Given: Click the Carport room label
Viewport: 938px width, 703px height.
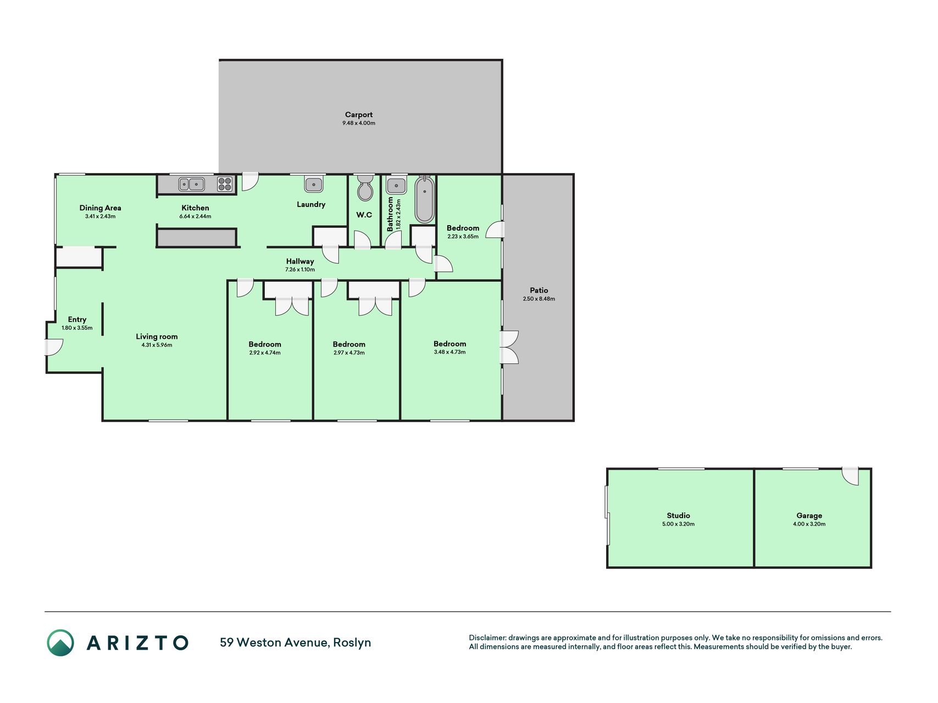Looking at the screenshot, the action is coord(359,115).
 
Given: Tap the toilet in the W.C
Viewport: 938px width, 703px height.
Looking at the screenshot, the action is coord(365,188).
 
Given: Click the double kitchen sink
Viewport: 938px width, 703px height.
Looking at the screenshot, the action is coord(192,184).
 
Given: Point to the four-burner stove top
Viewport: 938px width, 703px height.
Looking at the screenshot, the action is coord(225,184).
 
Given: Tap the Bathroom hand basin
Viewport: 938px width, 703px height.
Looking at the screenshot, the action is coord(396,185).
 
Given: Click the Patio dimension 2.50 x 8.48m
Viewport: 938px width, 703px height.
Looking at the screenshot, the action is coord(539,299).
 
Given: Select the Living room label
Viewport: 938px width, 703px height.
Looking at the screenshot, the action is coord(157,337).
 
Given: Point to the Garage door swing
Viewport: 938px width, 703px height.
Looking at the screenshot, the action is coord(850,477).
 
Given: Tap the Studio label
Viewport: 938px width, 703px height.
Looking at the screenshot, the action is coord(679,516).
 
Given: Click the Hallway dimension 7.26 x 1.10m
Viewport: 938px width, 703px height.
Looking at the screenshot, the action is coord(300,270).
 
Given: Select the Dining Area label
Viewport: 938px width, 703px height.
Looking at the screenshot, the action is coord(100,208).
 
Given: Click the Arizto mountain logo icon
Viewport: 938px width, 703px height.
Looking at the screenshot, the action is coord(60,643).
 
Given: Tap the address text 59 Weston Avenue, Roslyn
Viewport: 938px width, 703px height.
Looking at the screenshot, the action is coord(296,643).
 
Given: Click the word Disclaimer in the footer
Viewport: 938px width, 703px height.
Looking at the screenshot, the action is coord(487,638).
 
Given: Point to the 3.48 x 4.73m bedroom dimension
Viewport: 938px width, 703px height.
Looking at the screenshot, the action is coord(449,352).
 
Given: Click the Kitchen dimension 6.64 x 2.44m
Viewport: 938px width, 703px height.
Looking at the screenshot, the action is coord(195,216).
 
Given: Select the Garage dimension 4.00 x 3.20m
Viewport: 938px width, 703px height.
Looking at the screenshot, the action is coord(809,524).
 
